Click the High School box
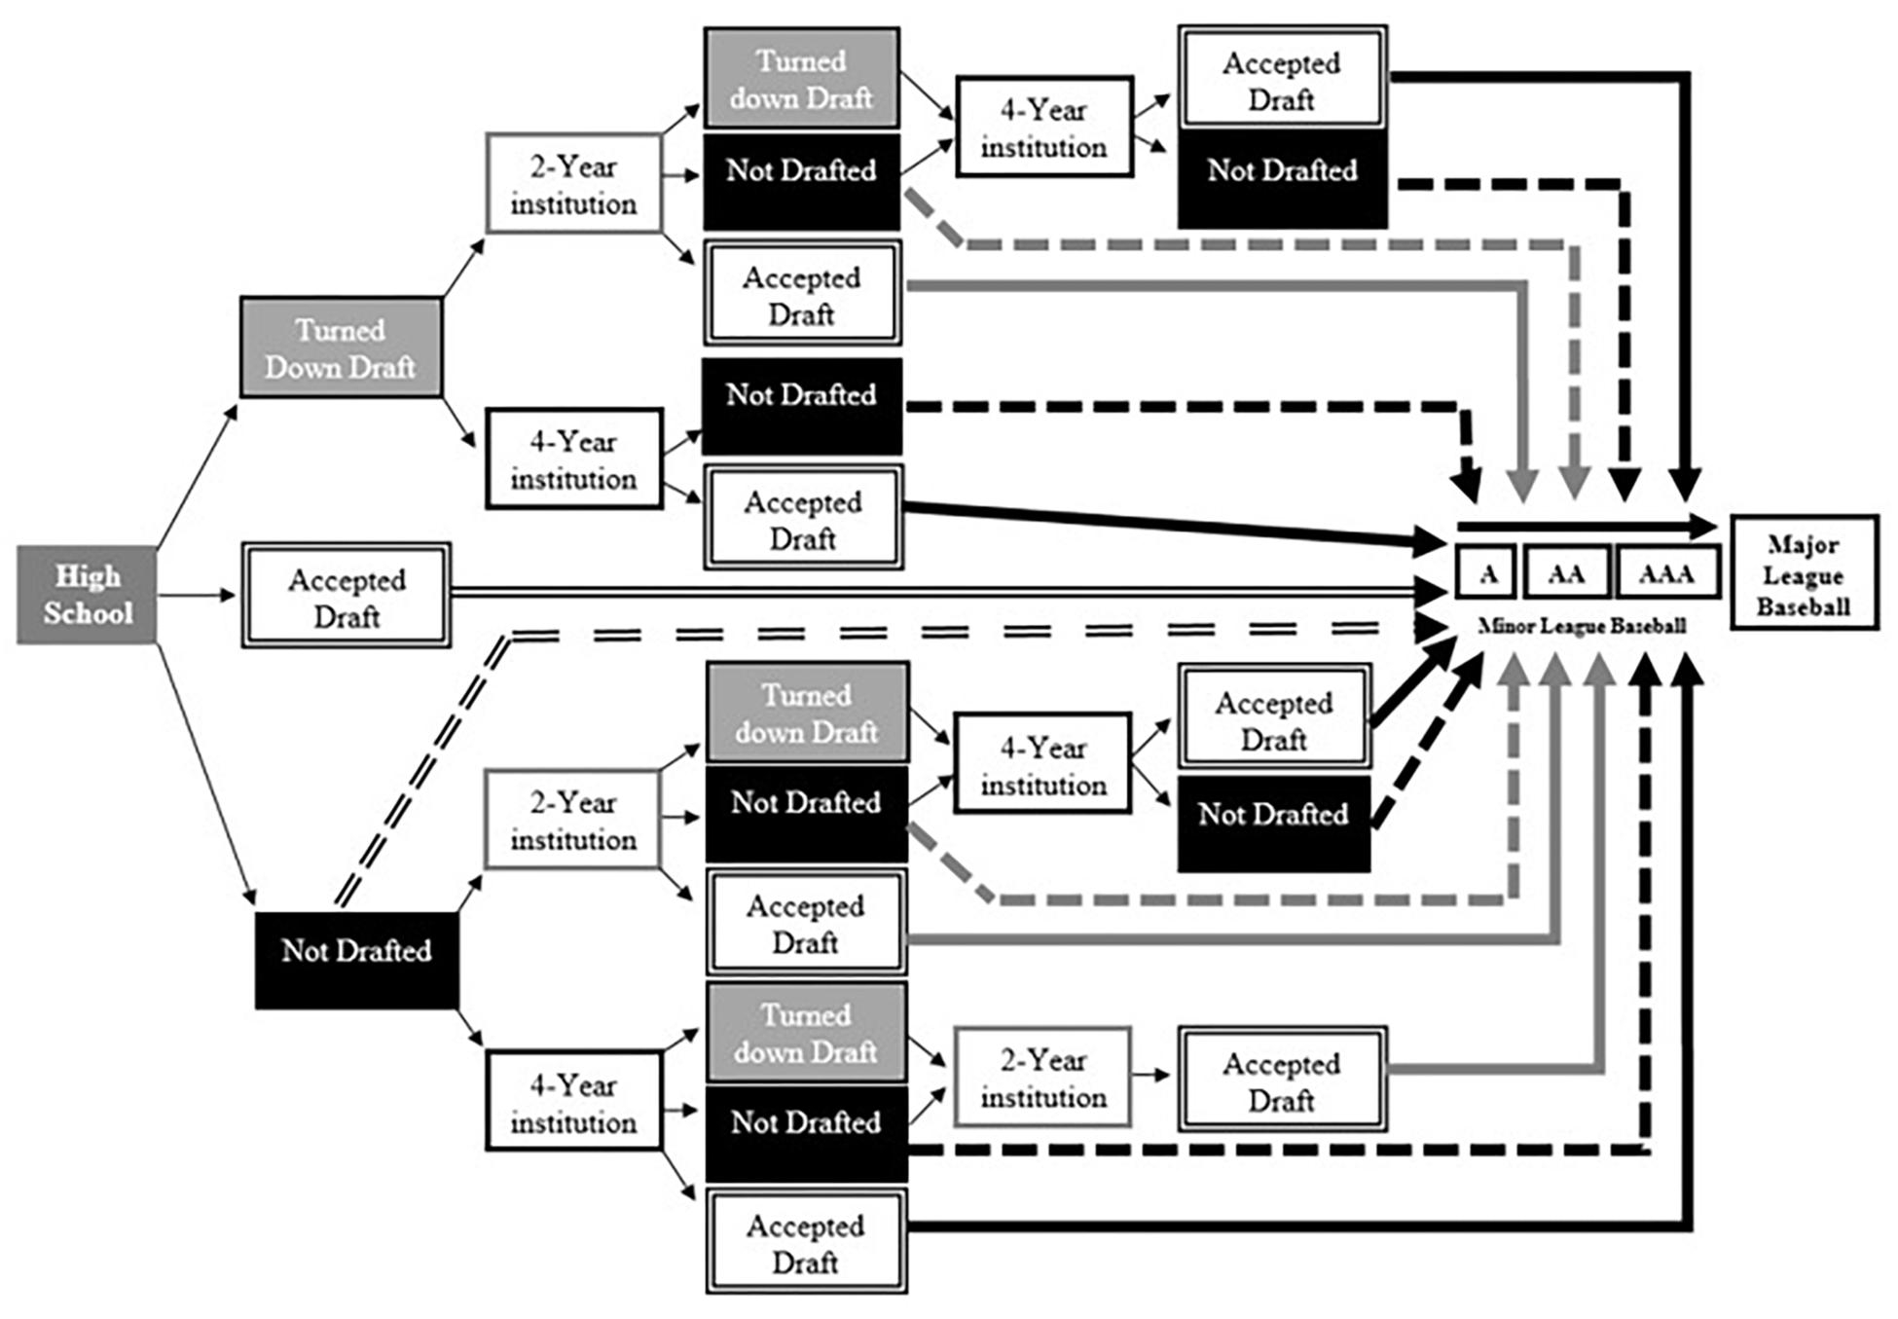tap(87, 595)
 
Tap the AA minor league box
tap(1565, 573)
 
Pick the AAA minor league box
tap(1666, 573)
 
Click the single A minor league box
tap(1486, 573)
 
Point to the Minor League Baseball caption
tap(1582, 626)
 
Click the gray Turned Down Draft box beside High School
tap(341, 348)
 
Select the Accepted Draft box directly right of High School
tap(347, 596)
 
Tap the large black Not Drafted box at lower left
tap(356, 960)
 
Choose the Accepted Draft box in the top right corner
tap(1282, 79)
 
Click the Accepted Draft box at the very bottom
tap(806, 1242)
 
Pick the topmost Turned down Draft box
tap(801, 79)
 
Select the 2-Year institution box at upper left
tap(573, 184)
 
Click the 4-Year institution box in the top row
tap(1044, 128)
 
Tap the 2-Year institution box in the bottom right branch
tap(1042, 1077)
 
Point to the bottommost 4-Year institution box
tap(573, 1101)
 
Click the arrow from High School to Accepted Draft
tap(197, 595)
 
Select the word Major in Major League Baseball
tap(1803, 544)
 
